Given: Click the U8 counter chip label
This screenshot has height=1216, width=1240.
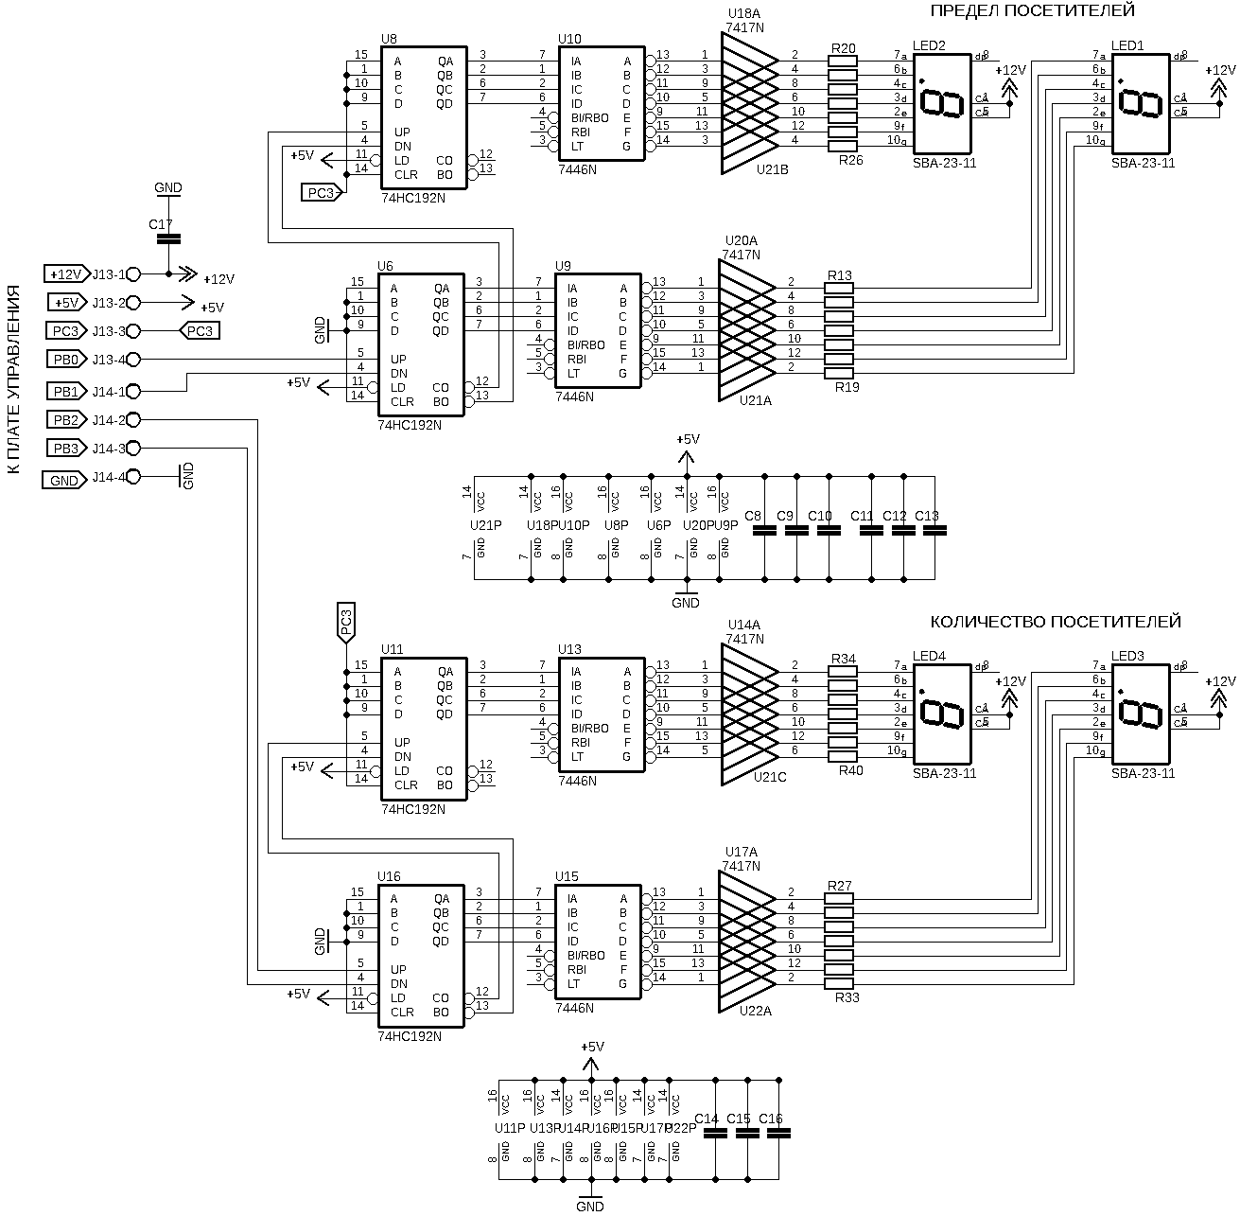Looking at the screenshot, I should [x=389, y=39].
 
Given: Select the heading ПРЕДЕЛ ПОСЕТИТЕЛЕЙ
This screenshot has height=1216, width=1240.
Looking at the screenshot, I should [x=1032, y=10].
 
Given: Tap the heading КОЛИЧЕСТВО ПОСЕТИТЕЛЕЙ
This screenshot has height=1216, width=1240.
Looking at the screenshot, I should [x=1056, y=622].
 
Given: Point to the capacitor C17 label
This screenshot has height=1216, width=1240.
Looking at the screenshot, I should [x=161, y=225].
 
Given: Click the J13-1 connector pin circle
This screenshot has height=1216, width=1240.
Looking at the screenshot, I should [x=133, y=273].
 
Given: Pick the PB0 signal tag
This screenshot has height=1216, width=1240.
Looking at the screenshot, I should [x=64, y=360].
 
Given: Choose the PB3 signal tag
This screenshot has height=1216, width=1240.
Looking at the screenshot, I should [x=64, y=449].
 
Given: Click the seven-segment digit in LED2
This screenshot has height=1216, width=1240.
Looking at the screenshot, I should [x=942, y=102].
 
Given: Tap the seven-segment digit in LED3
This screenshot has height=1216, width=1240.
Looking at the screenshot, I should [x=1141, y=713].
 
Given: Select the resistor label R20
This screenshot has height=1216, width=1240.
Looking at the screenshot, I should [x=843, y=47].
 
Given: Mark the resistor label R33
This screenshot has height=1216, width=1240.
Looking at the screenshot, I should [x=847, y=996].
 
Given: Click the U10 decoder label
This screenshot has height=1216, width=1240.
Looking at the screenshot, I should [x=570, y=39].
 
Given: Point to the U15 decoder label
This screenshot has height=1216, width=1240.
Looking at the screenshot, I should [x=567, y=876].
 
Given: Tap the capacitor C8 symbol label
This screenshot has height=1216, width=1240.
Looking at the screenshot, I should [x=754, y=516].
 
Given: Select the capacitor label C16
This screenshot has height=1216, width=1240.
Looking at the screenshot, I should [x=771, y=1119].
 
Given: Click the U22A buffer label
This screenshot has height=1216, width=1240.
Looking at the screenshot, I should [x=756, y=1011].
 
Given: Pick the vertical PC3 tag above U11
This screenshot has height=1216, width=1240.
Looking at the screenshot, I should [x=345, y=622].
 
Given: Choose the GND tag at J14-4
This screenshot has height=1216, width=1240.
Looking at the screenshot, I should [x=62, y=481].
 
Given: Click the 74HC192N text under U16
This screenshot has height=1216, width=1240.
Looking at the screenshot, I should [x=410, y=1036].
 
